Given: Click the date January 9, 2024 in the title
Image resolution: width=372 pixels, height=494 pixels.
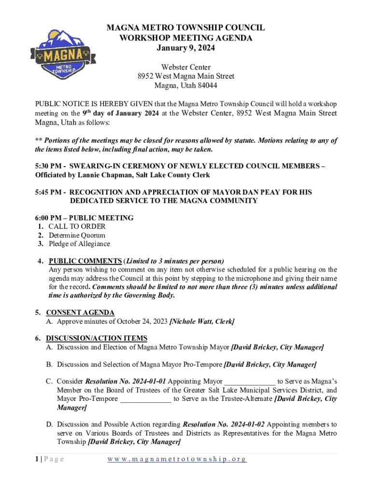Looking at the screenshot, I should [x=186, y=48].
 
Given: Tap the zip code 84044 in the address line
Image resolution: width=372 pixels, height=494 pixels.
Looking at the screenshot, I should [x=206, y=85].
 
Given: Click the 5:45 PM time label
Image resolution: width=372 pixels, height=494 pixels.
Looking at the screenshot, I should [x=48, y=192].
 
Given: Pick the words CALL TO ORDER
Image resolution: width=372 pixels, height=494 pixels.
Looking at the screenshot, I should [x=77, y=226].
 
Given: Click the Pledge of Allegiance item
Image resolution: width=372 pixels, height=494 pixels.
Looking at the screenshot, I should [x=79, y=244].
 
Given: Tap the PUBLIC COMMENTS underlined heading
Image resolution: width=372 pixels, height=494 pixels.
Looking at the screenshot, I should [x=85, y=261].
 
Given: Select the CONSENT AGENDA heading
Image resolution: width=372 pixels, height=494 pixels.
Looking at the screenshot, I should [x=80, y=313].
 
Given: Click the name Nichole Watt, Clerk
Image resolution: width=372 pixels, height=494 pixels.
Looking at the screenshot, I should [x=202, y=321].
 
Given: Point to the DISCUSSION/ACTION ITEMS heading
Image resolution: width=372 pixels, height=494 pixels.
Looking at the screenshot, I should [x=97, y=338].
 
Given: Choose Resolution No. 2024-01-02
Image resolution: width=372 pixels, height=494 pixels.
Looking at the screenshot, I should [x=224, y=425].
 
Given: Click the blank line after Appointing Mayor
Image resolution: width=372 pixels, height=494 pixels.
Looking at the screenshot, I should [x=249, y=381].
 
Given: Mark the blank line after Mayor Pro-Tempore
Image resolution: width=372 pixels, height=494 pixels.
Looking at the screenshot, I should [x=145, y=398].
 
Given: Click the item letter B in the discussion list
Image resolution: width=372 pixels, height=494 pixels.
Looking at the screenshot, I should [x=49, y=364].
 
